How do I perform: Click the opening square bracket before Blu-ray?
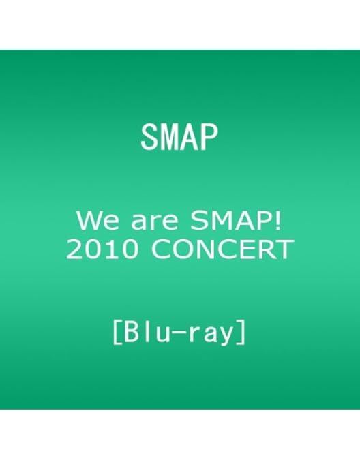point(117,334)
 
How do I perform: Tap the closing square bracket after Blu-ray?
point(243,334)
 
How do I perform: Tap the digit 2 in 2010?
point(73,251)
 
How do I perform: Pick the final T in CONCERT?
point(286,251)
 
